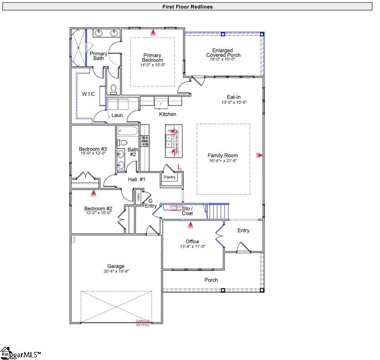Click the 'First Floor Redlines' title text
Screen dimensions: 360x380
click(187, 7)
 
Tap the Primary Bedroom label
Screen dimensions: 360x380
click(152, 58)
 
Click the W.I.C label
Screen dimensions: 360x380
click(87, 94)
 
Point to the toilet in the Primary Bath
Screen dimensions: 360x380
click(113, 87)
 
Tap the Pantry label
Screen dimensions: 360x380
click(170, 177)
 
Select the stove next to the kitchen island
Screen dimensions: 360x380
click(145, 141)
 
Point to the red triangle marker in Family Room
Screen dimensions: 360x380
click(259, 155)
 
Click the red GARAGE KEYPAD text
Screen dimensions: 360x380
click(143, 323)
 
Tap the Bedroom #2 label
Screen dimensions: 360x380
click(98, 208)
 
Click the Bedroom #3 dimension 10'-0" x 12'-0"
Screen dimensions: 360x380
click(92, 154)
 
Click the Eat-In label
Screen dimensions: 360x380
click(234, 96)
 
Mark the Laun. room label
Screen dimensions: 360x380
click(117, 115)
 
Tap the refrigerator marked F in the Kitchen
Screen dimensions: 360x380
click(161, 104)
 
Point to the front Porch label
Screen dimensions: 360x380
click(211, 280)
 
